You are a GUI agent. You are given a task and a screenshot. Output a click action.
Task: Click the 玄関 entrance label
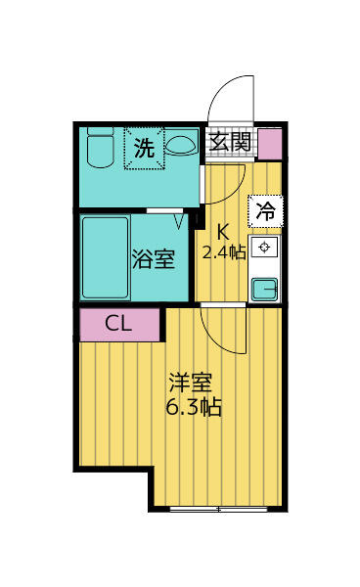[x=232, y=142]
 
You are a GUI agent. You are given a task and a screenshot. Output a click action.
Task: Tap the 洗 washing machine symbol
[x=144, y=149]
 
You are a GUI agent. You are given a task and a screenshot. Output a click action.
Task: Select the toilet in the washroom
[x=98, y=150]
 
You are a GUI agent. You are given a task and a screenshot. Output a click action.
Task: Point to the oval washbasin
[x=182, y=146]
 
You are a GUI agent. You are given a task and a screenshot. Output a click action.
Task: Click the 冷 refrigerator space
[x=265, y=209]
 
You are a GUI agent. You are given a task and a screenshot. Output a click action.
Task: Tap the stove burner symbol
[x=264, y=247]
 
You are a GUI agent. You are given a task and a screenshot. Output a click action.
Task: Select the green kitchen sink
[x=264, y=288]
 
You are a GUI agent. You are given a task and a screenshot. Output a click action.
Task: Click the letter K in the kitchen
[x=222, y=232]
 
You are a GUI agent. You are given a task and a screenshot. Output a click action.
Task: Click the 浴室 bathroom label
[x=154, y=260]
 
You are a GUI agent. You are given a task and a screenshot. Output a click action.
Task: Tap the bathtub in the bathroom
[x=105, y=257]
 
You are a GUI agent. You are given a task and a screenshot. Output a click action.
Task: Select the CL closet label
[x=119, y=325]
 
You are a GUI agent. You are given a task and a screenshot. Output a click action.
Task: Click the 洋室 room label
[x=190, y=383]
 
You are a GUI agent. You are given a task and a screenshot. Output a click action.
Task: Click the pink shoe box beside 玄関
[x=269, y=142]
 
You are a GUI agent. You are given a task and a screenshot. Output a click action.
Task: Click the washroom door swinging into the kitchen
[x=223, y=183]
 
